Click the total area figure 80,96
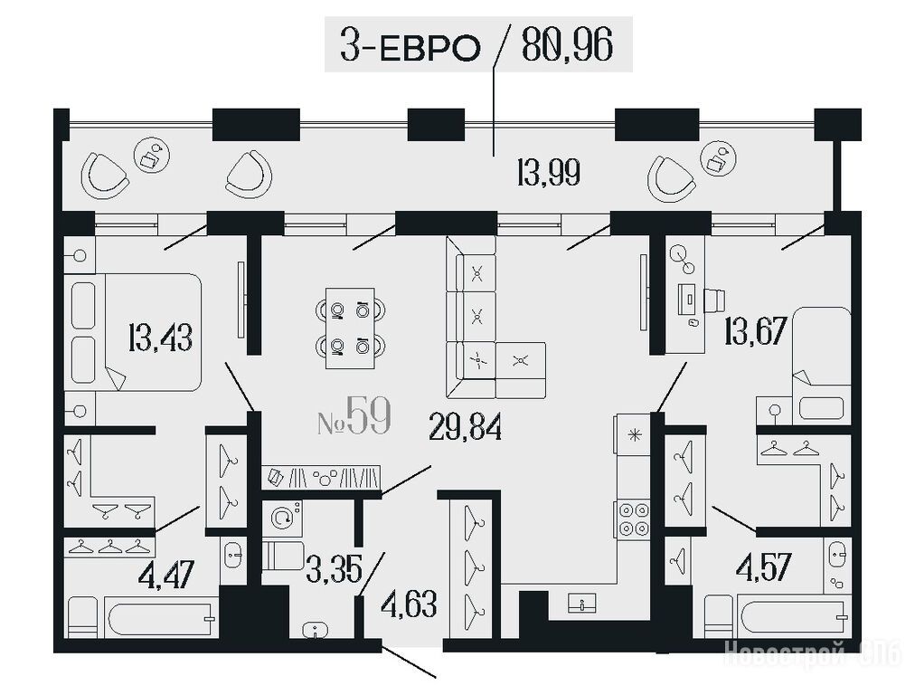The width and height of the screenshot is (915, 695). pyautogui.click(x=567, y=45)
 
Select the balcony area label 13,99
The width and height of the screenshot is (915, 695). pyautogui.click(x=549, y=173)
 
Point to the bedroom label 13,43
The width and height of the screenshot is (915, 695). pyautogui.click(x=160, y=338)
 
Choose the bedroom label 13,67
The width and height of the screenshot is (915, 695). pyautogui.click(x=756, y=331)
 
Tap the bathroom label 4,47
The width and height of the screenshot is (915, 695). pyautogui.click(x=166, y=574)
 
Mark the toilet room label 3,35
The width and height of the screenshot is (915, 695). pyautogui.click(x=335, y=569)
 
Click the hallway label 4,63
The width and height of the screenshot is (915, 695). pyautogui.click(x=409, y=605)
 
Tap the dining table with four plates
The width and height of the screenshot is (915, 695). pyautogui.click(x=350, y=328)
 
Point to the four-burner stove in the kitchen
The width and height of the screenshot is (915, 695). pyautogui.click(x=632, y=519)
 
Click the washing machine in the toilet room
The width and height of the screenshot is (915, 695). pyautogui.click(x=282, y=518)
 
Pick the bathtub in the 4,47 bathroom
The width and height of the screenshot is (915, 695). pyautogui.click(x=161, y=618)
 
